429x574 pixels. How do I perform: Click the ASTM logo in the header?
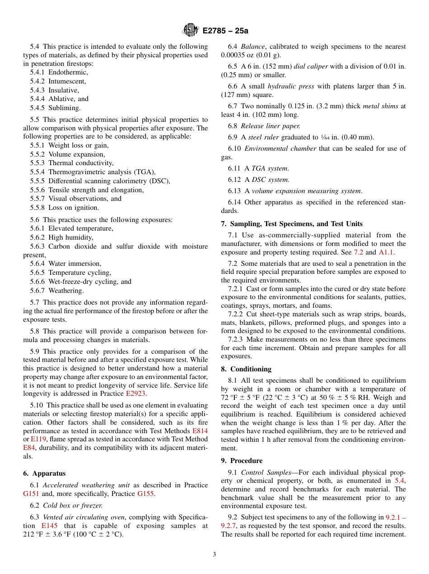(191, 30)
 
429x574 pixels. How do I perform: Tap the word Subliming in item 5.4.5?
(64, 108)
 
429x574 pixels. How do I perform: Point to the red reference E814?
(200, 431)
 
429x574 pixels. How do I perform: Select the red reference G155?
(146, 494)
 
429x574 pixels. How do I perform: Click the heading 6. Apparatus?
(44, 473)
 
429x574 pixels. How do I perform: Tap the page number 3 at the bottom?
(214, 555)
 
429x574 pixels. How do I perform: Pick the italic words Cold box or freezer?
(73, 505)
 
